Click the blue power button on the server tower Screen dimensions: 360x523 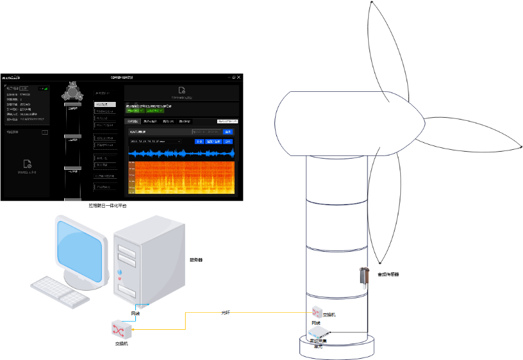[120, 273]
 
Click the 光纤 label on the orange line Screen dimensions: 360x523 [226, 312]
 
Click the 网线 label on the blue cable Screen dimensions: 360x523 [135, 313]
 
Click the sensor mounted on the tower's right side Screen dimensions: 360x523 [363, 276]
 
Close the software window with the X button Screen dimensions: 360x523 [239, 77]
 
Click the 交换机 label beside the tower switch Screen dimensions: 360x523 [329, 314]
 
